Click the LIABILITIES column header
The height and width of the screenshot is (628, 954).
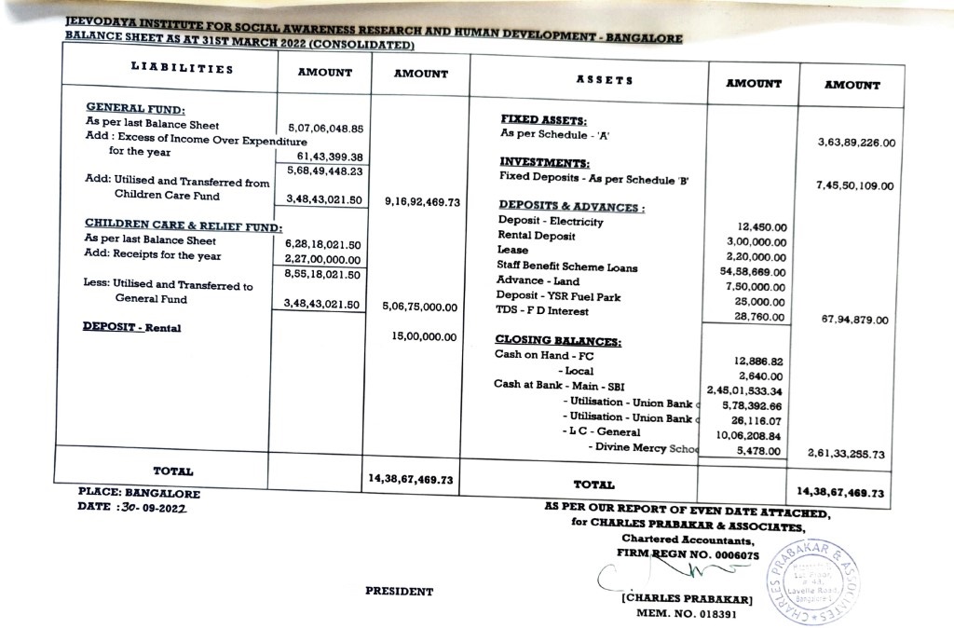pyautogui.click(x=170, y=69)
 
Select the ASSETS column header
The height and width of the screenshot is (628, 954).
pyautogui.click(x=605, y=80)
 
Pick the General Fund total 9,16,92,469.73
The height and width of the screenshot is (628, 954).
pyautogui.click(x=423, y=201)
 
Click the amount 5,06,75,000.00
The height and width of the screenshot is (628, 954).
pyautogui.click(x=419, y=307)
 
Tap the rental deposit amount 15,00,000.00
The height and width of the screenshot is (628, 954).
pyautogui.click(x=425, y=336)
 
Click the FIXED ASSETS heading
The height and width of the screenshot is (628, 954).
pyautogui.click(x=544, y=120)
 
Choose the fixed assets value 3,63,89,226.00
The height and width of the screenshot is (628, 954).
pyautogui.click(x=856, y=143)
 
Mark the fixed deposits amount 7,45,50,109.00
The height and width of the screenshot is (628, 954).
pyautogui.click(x=855, y=186)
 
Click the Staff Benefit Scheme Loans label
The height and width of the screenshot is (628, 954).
pyautogui.click(x=567, y=267)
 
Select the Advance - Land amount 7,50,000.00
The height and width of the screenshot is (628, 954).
pyautogui.click(x=756, y=287)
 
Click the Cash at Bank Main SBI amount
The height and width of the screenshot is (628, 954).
pyautogui.click(x=745, y=391)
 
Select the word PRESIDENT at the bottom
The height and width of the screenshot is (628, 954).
pyautogui.click(x=399, y=591)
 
